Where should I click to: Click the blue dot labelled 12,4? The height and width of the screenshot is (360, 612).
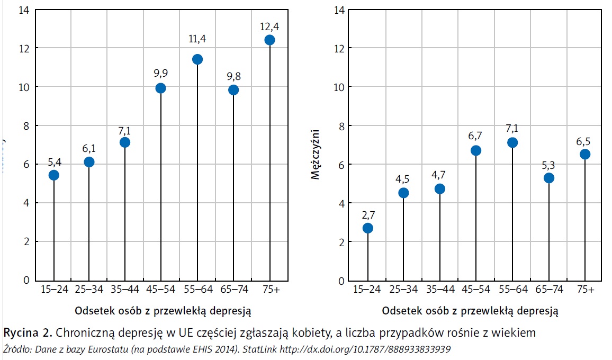pos(269,40)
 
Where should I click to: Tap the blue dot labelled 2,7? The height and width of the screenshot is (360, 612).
pos(367,228)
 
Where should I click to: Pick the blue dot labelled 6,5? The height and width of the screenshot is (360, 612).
pos(584,154)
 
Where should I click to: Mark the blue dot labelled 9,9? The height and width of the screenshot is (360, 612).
pos(161,88)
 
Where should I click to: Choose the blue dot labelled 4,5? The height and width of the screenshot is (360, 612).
pos(403,193)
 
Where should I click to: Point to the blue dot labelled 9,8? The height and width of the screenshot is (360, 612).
pos(233,90)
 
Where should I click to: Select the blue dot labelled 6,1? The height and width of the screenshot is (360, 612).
pos(89,162)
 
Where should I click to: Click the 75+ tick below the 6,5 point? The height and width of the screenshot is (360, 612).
pos(584,290)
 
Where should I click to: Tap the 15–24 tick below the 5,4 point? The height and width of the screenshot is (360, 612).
pos(53,290)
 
